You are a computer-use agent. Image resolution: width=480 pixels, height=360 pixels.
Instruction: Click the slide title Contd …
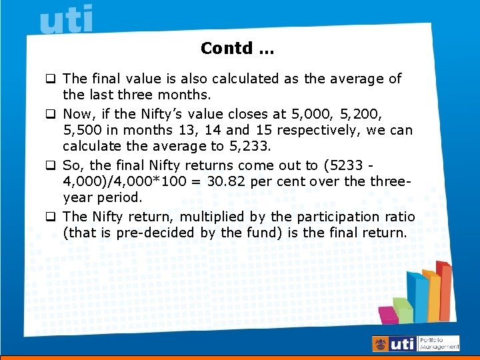click(237, 49)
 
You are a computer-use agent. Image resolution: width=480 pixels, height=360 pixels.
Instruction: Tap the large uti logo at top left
click(67, 19)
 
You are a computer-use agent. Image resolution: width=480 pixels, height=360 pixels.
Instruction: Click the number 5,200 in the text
click(362, 114)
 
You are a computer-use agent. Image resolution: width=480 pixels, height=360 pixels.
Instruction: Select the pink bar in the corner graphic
click(386, 314)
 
